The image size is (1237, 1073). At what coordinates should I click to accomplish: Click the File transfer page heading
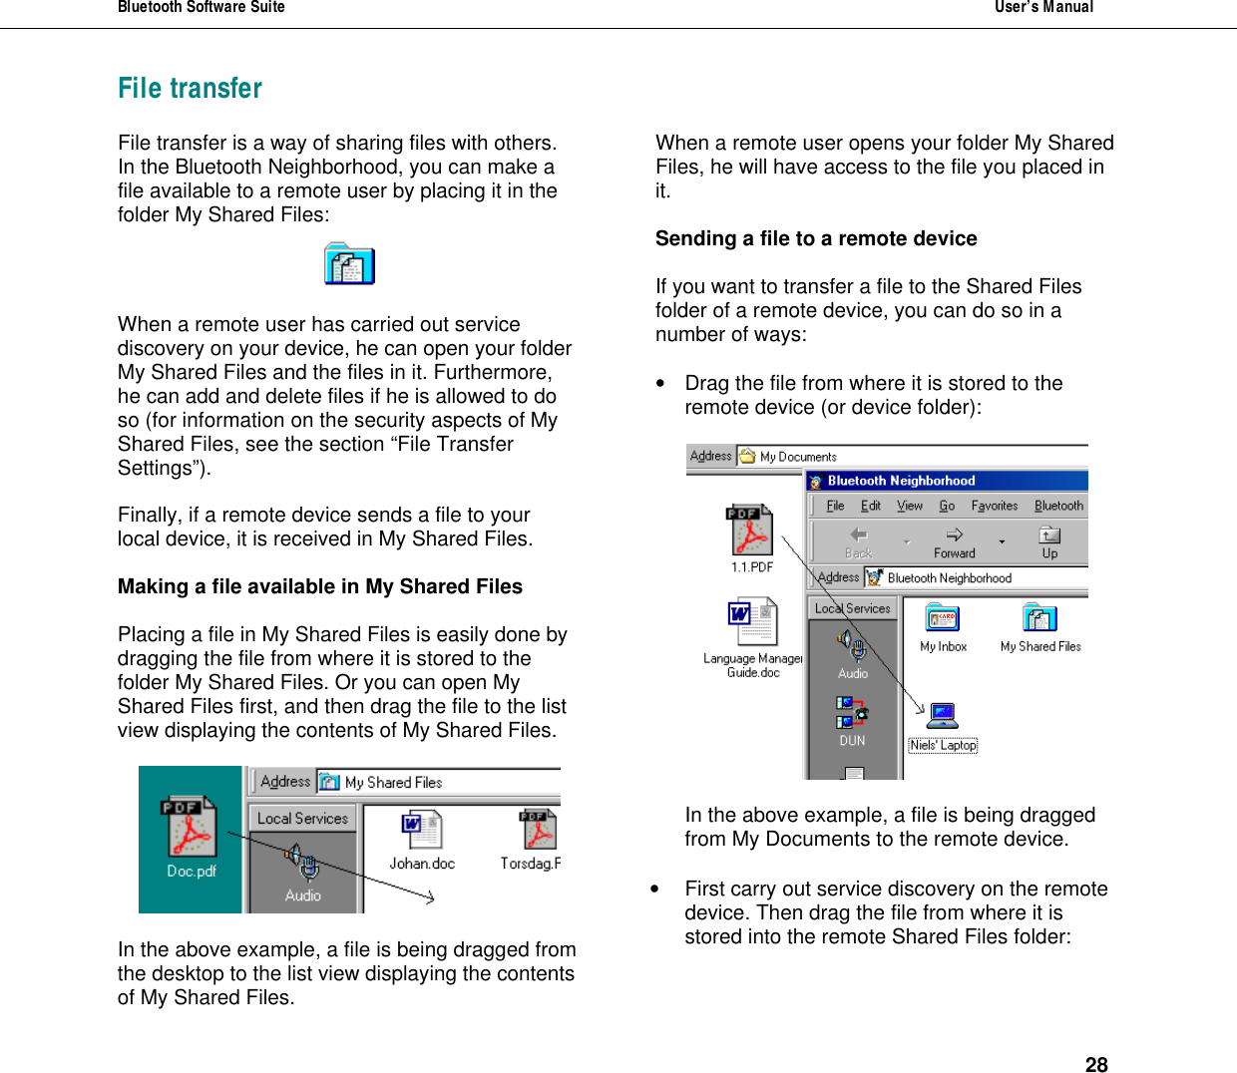[x=190, y=89]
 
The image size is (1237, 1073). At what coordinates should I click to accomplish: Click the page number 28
[x=1096, y=1064]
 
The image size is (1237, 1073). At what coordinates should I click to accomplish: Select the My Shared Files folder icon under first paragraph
[x=349, y=264]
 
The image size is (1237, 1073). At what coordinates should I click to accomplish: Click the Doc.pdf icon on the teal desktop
[x=190, y=827]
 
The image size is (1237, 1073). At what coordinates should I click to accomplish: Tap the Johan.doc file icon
[x=422, y=831]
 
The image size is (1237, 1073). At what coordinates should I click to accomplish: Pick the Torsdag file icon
[x=538, y=831]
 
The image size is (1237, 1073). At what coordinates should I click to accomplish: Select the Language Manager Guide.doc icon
[x=752, y=622]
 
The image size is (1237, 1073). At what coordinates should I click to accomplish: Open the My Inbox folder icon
[x=943, y=619]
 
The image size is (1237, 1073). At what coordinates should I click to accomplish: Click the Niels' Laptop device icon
[x=943, y=716]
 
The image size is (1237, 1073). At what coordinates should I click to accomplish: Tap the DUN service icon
[x=851, y=712]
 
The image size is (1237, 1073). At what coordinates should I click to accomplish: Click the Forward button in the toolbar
[x=954, y=542]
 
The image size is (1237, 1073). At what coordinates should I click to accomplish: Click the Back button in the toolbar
[x=858, y=542]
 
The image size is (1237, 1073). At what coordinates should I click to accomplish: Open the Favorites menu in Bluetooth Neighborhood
[x=994, y=506]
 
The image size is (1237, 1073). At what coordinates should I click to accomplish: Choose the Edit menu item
[x=870, y=506]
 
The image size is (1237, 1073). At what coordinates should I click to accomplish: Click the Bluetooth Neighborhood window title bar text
[x=901, y=481]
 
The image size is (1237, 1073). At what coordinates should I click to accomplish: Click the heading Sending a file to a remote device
[x=816, y=238]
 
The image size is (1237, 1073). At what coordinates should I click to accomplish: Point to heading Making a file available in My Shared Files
[x=320, y=586]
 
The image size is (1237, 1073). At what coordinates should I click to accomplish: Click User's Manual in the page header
[x=1043, y=8]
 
